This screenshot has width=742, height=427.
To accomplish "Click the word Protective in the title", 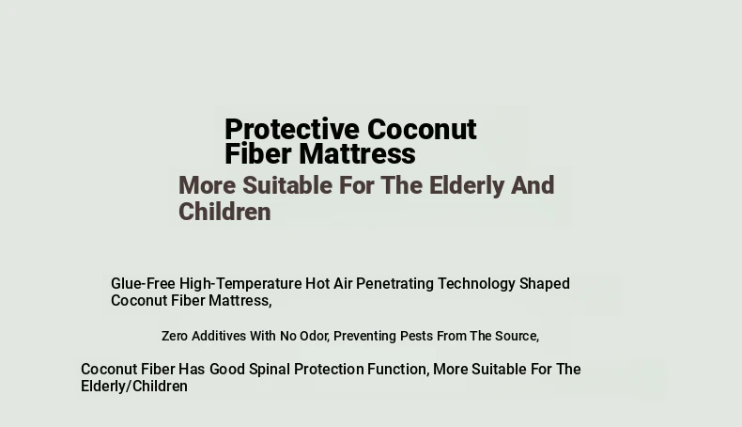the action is click(x=292, y=130).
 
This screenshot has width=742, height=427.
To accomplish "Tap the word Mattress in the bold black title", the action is click(x=357, y=154).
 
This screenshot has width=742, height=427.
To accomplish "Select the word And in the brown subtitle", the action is click(x=533, y=185).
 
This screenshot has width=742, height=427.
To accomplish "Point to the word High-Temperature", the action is click(x=240, y=283).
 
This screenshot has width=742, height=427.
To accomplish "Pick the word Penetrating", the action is click(x=394, y=284).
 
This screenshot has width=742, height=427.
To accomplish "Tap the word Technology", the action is click(x=476, y=284).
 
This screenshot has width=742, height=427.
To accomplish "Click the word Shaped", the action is click(x=545, y=284).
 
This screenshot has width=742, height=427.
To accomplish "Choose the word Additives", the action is click(x=219, y=336).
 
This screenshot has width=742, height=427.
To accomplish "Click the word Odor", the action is click(x=315, y=336).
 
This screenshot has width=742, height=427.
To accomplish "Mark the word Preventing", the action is click(x=364, y=337).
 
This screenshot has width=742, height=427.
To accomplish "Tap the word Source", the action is click(x=518, y=336).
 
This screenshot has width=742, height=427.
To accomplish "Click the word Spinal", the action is click(x=270, y=370).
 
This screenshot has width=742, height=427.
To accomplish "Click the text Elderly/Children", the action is click(x=134, y=387).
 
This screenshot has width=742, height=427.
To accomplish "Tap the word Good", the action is click(x=227, y=370).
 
